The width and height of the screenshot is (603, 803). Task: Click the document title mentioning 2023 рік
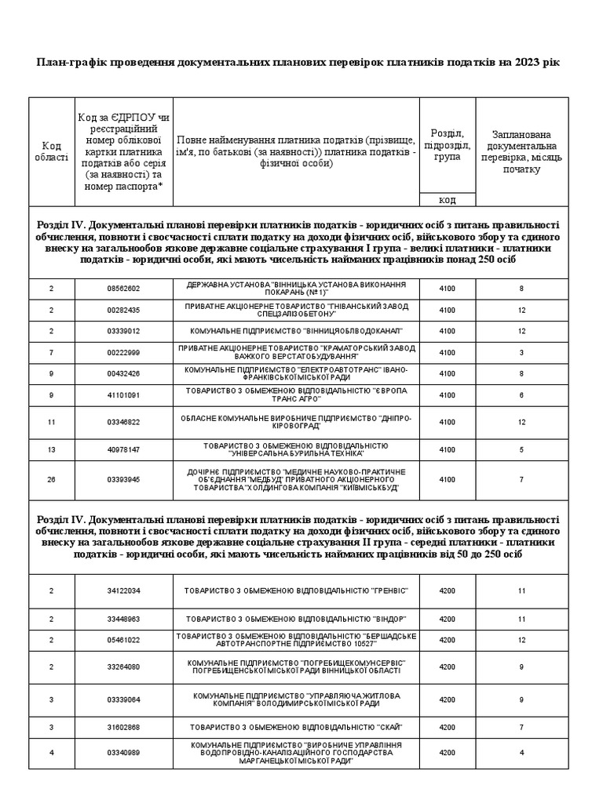pos(301,62)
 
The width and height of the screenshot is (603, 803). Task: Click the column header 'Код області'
pos(51,151)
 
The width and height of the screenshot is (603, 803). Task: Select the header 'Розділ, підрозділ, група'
pos(447,145)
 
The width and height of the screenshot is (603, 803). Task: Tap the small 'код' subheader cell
pos(447,199)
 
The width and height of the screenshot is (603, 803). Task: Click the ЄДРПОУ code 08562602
pos(123,289)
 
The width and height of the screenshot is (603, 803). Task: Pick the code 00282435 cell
pos(123,310)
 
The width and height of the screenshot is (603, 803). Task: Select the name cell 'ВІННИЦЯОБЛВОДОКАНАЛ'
pos(296,331)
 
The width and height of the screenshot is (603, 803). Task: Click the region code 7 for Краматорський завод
pos(51,353)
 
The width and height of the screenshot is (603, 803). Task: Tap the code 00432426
pos(123,374)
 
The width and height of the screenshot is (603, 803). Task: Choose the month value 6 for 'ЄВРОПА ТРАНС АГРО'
pos(521,395)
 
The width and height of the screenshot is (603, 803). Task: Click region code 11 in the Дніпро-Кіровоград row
pos(51,422)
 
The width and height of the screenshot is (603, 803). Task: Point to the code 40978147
pos(123,449)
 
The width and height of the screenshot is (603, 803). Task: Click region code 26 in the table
pos(51,479)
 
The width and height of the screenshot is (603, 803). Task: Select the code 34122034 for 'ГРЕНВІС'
pos(123,590)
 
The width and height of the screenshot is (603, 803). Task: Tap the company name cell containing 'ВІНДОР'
pos(296,619)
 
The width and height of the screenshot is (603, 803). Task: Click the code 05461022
pos(123,640)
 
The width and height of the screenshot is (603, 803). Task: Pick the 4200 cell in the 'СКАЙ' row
pos(447,726)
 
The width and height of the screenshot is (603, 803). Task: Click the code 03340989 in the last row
pos(123,753)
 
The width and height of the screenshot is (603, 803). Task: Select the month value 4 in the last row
pos(521,753)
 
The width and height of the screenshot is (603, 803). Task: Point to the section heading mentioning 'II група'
pos(301,536)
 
